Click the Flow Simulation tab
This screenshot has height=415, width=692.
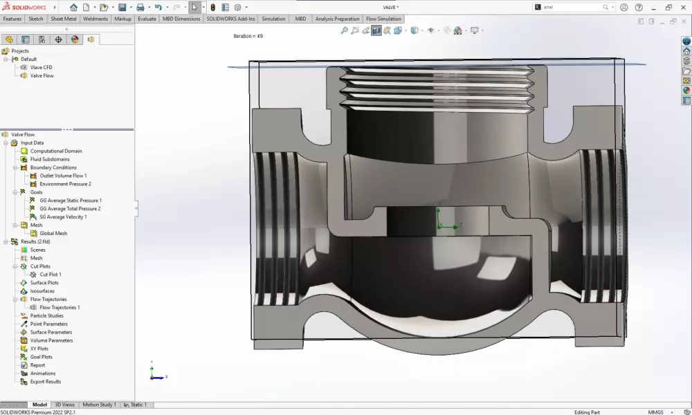click(x=383, y=19)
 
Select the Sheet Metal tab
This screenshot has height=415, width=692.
click(x=64, y=19)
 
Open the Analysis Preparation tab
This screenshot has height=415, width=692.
click(x=337, y=19)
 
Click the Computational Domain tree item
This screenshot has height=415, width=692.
click(x=55, y=151)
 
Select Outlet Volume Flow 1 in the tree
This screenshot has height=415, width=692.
click(x=63, y=176)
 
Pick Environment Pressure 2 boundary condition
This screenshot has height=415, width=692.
click(x=65, y=184)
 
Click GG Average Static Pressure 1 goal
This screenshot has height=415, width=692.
click(x=70, y=201)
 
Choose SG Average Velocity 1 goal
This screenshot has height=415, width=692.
click(x=63, y=216)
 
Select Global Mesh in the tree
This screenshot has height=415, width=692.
click(x=53, y=233)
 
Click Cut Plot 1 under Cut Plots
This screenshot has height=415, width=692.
click(x=51, y=275)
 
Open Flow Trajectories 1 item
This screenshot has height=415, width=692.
click(x=60, y=307)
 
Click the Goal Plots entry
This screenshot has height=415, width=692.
click(x=41, y=357)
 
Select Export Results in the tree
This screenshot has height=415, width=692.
click(x=45, y=382)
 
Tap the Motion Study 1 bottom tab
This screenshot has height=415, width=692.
click(x=100, y=405)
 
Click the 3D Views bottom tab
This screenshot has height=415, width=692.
click(x=64, y=405)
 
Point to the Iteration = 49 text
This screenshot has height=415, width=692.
click(x=248, y=36)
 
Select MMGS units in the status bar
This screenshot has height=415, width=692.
click(x=656, y=412)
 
